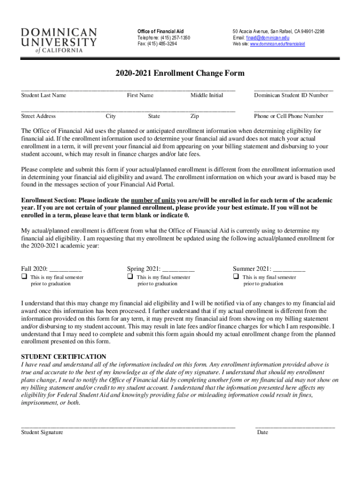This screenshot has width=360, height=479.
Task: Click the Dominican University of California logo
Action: (59, 40)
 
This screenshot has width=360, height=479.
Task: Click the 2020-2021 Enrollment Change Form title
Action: (180, 73)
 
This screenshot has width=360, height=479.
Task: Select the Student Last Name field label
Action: (43, 95)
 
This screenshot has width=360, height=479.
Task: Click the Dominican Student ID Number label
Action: (291, 95)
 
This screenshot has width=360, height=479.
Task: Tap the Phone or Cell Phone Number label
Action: (288, 116)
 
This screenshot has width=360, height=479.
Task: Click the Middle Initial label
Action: (207, 95)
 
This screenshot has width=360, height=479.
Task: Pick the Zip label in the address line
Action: (194, 116)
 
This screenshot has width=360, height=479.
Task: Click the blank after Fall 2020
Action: (65, 269)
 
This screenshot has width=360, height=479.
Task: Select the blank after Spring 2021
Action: (179, 269)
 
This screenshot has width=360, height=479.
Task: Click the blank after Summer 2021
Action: (289, 269)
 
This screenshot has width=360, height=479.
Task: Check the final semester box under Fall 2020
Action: (24, 277)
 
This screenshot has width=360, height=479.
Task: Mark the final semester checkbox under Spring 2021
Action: (130, 277)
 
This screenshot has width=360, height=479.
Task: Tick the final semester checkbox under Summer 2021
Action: (236, 277)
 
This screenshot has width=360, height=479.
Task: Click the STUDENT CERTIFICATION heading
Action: (64, 356)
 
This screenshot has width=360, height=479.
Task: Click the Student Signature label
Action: (42, 432)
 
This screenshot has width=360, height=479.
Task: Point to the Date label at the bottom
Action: (262, 432)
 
